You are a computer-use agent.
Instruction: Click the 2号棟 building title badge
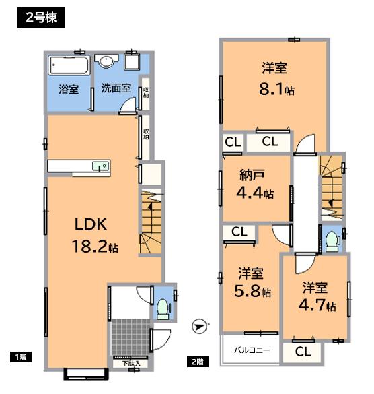tap(38, 17)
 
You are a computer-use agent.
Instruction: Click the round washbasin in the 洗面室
tap(106, 62)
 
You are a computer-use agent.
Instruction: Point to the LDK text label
tap(89, 224)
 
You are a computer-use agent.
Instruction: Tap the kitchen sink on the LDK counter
tap(102, 166)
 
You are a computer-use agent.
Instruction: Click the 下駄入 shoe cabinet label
tap(131, 364)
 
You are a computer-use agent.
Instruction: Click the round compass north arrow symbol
tap(198, 326)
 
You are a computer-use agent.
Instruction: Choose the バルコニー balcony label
tap(252, 350)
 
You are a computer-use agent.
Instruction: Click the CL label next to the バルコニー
tap(302, 351)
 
